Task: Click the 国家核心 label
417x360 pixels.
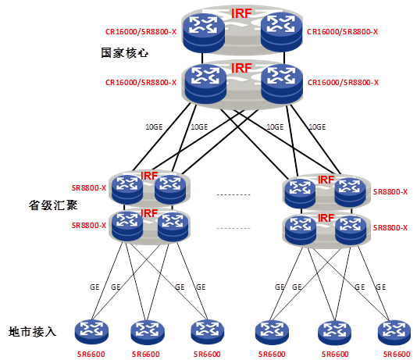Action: point(124,53)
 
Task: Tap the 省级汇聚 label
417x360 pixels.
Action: point(53,205)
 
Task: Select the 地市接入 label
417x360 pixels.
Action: point(33,332)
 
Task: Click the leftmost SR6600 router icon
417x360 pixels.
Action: point(91,332)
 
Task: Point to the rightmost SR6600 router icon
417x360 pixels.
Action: point(394,333)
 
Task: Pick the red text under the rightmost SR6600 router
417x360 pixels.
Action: point(397,355)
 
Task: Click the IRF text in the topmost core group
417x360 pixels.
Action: point(241,13)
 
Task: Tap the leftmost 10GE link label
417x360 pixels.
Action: point(154,127)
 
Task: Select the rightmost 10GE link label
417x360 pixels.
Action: point(317,127)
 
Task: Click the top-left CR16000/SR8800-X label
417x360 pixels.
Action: point(141,32)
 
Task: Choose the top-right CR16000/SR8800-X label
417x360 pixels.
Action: point(343,32)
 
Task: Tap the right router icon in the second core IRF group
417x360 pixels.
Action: point(282,83)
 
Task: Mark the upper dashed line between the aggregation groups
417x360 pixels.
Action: point(233,195)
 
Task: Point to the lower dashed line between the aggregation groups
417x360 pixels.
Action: point(233,228)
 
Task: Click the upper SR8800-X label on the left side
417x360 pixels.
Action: point(89,188)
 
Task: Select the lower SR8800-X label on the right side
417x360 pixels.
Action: point(390,228)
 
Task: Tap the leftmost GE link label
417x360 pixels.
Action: point(94,287)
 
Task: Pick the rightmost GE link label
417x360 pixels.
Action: point(381,287)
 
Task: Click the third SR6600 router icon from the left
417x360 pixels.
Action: point(208,332)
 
